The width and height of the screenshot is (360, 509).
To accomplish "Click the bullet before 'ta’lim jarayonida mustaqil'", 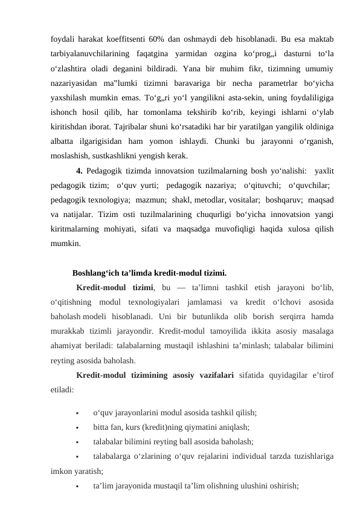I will tap(77, 485).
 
